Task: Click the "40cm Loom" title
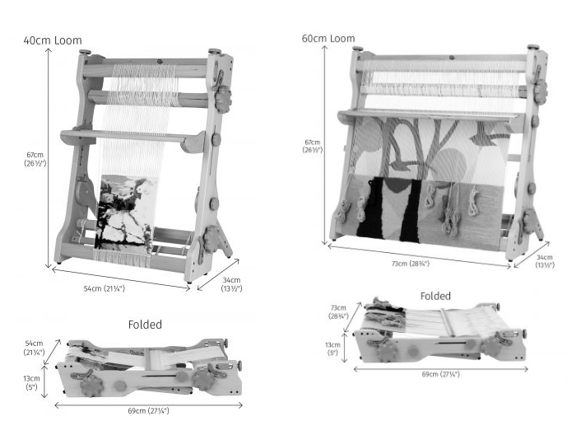point(53,40)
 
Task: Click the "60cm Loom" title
point(328,39)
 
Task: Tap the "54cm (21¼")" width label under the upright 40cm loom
point(105,288)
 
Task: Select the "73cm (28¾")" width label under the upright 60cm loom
point(411,264)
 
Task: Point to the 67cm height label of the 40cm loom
point(35,159)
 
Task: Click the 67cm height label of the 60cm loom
point(313,146)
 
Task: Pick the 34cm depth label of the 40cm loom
point(231,284)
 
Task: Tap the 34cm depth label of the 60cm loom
point(545,261)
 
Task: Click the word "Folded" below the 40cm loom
point(145,325)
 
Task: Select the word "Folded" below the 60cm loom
point(435,296)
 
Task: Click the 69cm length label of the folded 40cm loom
point(148,411)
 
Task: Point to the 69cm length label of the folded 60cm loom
point(440,374)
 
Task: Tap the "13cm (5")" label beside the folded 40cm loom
point(32,382)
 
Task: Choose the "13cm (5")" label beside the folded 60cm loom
point(333,348)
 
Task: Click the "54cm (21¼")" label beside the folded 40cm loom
point(35,348)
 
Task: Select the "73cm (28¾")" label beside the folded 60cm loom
point(338,312)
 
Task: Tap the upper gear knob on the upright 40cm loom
point(223,96)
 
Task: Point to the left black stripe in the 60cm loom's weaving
point(370,208)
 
